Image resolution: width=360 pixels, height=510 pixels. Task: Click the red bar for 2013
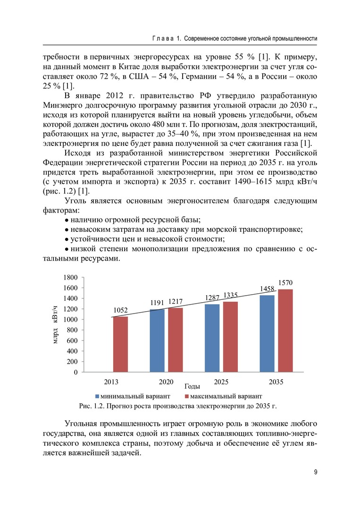[x=121, y=344]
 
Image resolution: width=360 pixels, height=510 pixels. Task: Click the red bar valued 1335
[x=231, y=337]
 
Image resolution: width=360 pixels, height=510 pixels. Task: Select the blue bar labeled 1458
[x=267, y=333]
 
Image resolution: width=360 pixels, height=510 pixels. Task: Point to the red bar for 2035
[x=285, y=331]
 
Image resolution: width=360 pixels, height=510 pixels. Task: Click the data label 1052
[x=121, y=310]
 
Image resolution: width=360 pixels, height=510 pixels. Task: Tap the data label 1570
[x=285, y=282]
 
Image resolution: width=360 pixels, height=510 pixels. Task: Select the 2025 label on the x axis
[x=222, y=381]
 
